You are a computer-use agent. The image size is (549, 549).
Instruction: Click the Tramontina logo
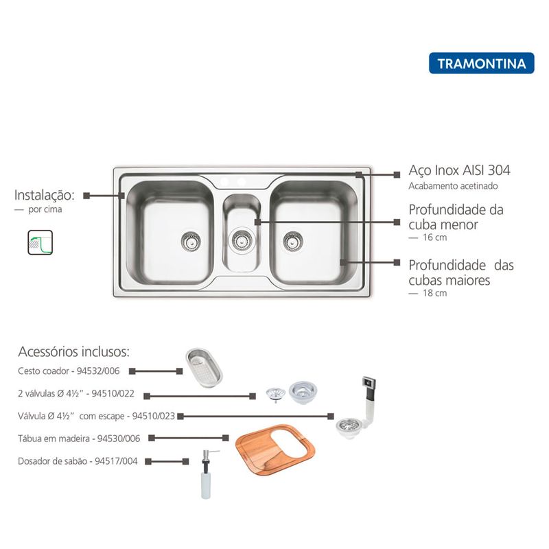coord(481,64)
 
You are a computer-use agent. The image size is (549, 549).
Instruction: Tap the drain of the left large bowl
coord(191,240)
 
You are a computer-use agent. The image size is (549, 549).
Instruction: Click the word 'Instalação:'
coord(44,195)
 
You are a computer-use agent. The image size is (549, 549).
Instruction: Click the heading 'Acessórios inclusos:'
coord(73,352)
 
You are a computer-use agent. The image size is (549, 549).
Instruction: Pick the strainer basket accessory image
coord(204,368)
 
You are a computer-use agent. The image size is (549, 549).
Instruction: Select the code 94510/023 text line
coord(96,416)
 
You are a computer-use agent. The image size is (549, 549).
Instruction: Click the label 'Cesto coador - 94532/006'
coord(70,371)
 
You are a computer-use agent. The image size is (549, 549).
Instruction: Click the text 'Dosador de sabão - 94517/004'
coord(78,461)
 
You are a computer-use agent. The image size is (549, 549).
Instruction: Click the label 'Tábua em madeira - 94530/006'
coord(79,438)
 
